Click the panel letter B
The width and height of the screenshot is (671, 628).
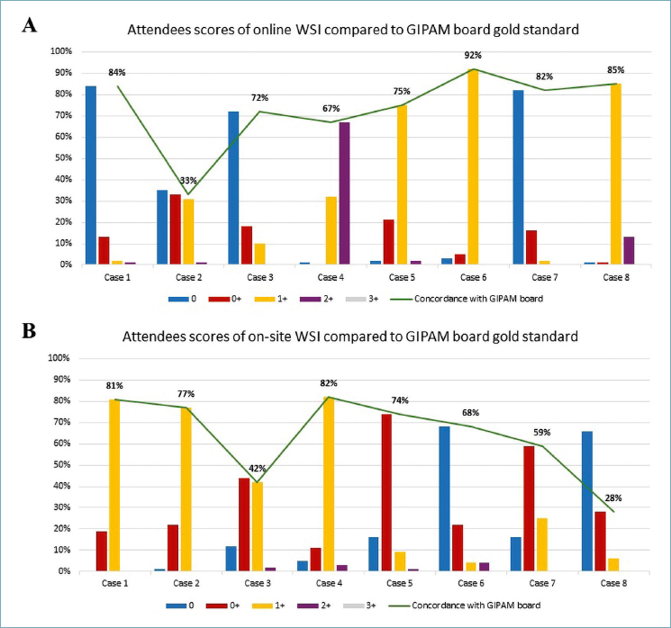(30, 333)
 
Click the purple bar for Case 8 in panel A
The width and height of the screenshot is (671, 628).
(629, 251)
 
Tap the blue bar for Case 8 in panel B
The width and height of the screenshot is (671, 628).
(587, 500)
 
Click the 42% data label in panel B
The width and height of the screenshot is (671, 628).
(258, 469)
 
